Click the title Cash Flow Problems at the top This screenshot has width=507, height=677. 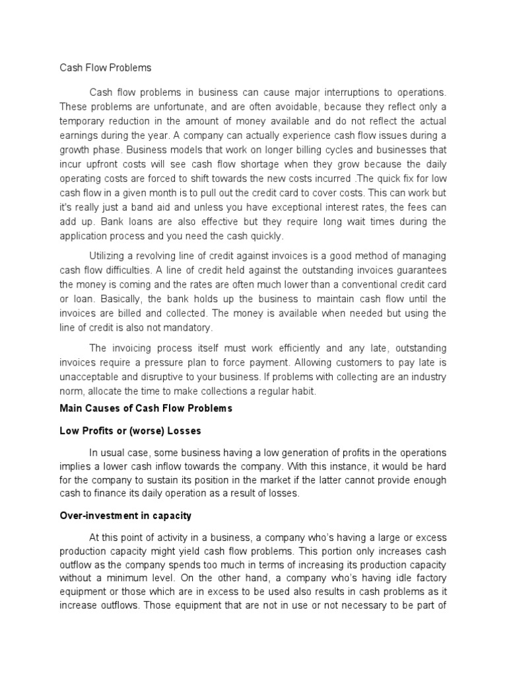105,67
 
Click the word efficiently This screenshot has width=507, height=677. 288,348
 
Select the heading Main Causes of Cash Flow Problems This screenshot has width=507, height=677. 146,409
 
